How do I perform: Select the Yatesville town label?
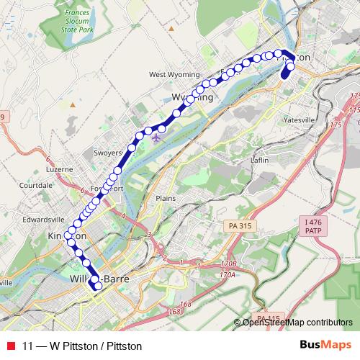click(300, 119)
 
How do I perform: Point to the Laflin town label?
click(259, 160)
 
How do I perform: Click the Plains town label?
click(166, 197)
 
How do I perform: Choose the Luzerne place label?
click(60, 169)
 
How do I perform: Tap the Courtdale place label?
click(34, 185)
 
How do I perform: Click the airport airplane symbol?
click(158, 137)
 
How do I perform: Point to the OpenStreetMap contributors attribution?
click(297, 323)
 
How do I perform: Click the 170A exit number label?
click(228, 274)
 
